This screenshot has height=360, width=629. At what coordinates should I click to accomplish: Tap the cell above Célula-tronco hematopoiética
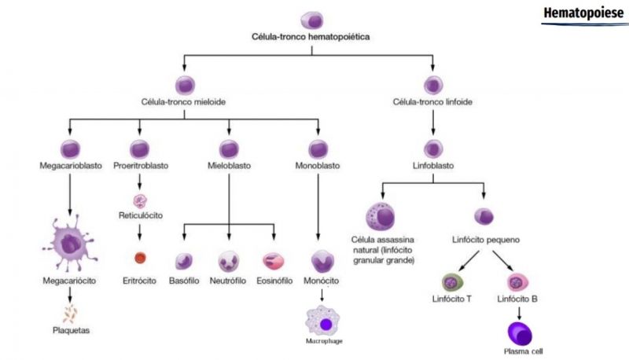[x=312, y=20]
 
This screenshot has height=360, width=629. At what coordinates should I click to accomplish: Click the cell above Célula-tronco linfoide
[x=432, y=84]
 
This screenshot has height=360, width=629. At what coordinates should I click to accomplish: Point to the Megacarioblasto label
[x=70, y=166]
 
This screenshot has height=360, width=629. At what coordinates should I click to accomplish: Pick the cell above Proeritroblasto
[x=140, y=148]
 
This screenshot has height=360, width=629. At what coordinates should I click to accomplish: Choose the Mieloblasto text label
[x=229, y=166]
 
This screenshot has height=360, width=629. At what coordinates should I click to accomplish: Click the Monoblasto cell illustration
[x=318, y=148]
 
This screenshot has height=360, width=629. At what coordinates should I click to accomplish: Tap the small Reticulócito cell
[x=140, y=200]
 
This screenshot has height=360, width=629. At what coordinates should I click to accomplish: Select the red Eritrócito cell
[x=140, y=257]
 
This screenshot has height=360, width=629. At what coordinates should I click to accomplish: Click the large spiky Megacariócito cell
[x=70, y=245]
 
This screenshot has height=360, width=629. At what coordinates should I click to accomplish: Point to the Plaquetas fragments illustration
[x=71, y=314]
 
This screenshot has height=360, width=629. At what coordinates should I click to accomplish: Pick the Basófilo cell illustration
[x=185, y=260]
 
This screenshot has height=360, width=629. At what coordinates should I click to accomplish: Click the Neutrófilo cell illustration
[x=230, y=260]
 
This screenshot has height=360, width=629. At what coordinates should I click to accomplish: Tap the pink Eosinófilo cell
[x=274, y=260]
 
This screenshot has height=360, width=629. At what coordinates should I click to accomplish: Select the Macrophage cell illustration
[x=323, y=322]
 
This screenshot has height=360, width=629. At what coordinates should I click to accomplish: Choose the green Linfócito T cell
[x=452, y=282]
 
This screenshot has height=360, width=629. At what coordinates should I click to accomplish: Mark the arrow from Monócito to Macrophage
[x=321, y=295]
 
